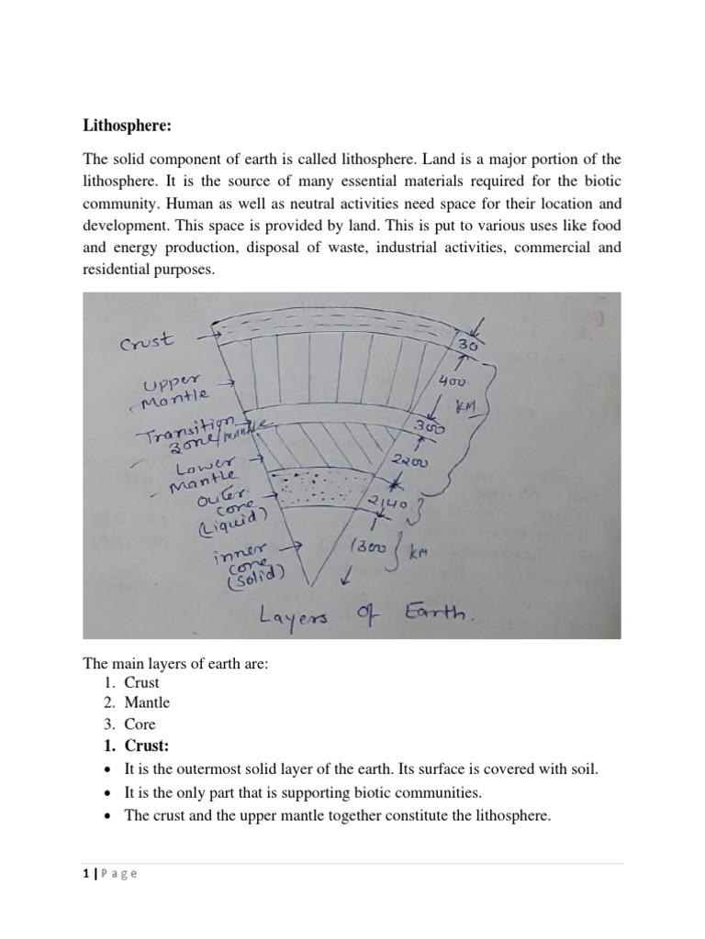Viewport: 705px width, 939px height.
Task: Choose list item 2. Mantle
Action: point(140,702)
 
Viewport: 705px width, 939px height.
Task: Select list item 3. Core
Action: point(132,724)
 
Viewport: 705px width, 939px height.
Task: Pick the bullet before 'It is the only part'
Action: point(109,792)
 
